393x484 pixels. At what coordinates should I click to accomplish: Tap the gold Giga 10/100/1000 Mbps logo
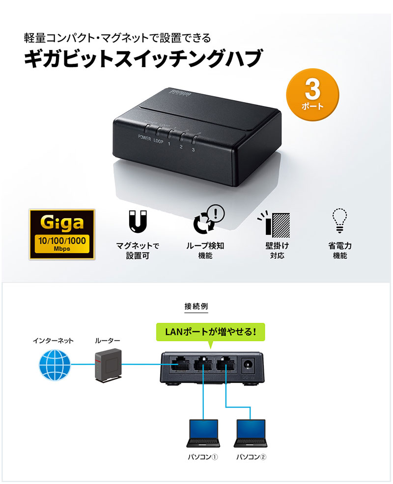pyautogui.click(x=62, y=234)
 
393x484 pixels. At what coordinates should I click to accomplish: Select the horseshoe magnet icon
pyautogui.click(x=138, y=221)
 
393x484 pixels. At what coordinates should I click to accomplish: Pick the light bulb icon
pyautogui.click(x=339, y=220)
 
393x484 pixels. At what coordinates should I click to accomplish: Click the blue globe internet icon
pyautogui.click(x=55, y=365)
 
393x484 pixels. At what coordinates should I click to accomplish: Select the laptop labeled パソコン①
pyautogui.click(x=203, y=433)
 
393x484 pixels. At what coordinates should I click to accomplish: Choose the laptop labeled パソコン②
pyautogui.click(x=251, y=433)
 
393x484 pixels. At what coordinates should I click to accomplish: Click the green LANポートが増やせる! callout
pyautogui.click(x=211, y=332)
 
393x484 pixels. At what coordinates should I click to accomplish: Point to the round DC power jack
pyautogui.click(x=248, y=364)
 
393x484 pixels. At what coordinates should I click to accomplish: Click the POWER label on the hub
pyautogui.click(x=144, y=138)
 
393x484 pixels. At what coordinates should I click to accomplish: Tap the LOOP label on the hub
pyautogui.click(x=158, y=141)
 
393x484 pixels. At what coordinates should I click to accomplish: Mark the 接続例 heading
pyautogui.click(x=196, y=306)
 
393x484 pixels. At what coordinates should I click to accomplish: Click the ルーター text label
pyautogui.click(x=108, y=341)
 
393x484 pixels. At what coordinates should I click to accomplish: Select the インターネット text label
pyautogui.click(x=53, y=341)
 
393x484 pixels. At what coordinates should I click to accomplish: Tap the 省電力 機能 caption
pyautogui.click(x=340, y=250)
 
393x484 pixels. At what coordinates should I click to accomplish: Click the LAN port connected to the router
pyautogui.click(x=179, y=364)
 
